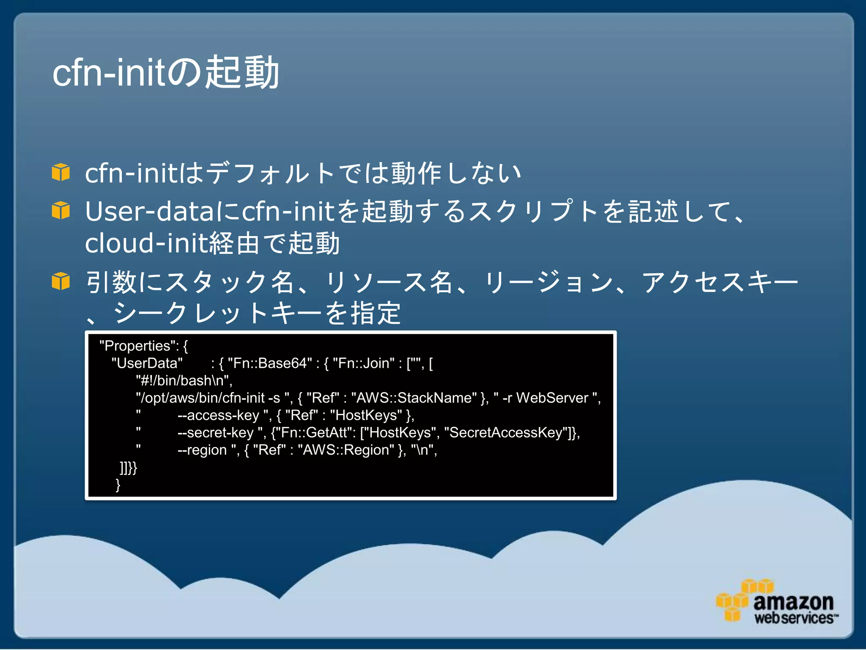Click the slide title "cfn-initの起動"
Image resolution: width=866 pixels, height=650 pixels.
pyautogui.click(x=166, y=73)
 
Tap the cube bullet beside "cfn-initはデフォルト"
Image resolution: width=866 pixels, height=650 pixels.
pyautogui.click(x=61, y=172)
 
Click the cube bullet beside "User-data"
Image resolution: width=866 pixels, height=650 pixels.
pyautogui.click(x=61, y=210)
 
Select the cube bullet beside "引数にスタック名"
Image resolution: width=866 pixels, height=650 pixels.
pyautogui.click(x=61, y=281)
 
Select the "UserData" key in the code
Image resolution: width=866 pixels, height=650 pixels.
pyautogui.click(x=147, y=363)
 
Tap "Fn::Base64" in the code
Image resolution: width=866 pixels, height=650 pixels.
pyautogui.click(x=270, y=363)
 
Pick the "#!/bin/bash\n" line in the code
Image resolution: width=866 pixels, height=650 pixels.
pyautogui.click(x=184, y=380)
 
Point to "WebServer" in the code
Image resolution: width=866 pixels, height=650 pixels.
pyautogui.click(x=552, y=398)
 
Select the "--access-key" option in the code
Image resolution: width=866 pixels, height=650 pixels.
pyautogui.click(x=218, y=415)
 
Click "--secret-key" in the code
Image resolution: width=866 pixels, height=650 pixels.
pyautogui.click(x=216, y=432)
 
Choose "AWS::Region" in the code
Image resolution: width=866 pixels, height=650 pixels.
pyautogui.click(x=346, y=450)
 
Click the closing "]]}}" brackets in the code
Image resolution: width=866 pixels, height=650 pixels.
pyautogui.click(x=128, y=468)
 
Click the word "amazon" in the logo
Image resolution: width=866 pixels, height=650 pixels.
pyautogui.click(x=793, y=601)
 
